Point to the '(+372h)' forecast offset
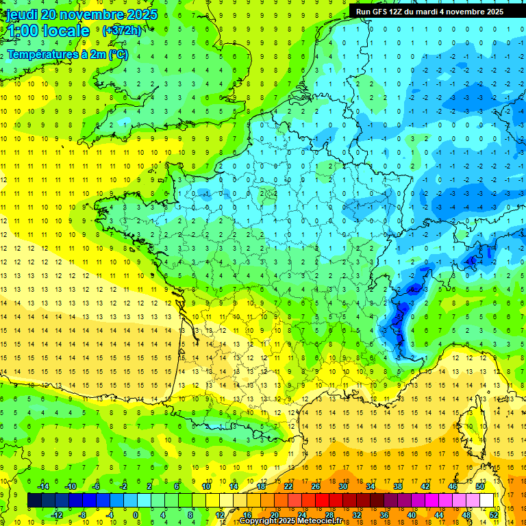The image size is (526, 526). pyautogui.click(x=121, y=30)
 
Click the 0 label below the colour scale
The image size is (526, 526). pyautogui.click(x=136, y=514)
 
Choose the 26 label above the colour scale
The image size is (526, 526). pyautogui.click(x=316, y=486)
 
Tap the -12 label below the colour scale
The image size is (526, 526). pyautogui.click(x=57, y=514)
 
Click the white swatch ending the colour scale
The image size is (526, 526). pyautogui.click(x=487, y=501)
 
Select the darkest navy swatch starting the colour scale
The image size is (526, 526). pyautogui.click(x=34, y=501)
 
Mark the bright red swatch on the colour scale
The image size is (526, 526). pyautogui.click(x=323, y=501)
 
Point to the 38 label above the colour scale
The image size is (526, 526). pyautogui.click(x=397, y=486)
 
